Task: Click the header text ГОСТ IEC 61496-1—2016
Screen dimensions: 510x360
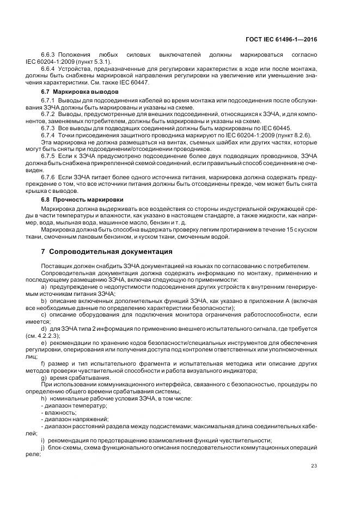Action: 282,38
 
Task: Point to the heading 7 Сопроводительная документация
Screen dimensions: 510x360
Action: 107,252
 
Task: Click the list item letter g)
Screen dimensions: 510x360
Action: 44,378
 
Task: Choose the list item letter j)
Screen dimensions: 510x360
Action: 44,447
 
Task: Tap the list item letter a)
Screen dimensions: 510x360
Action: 44,287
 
